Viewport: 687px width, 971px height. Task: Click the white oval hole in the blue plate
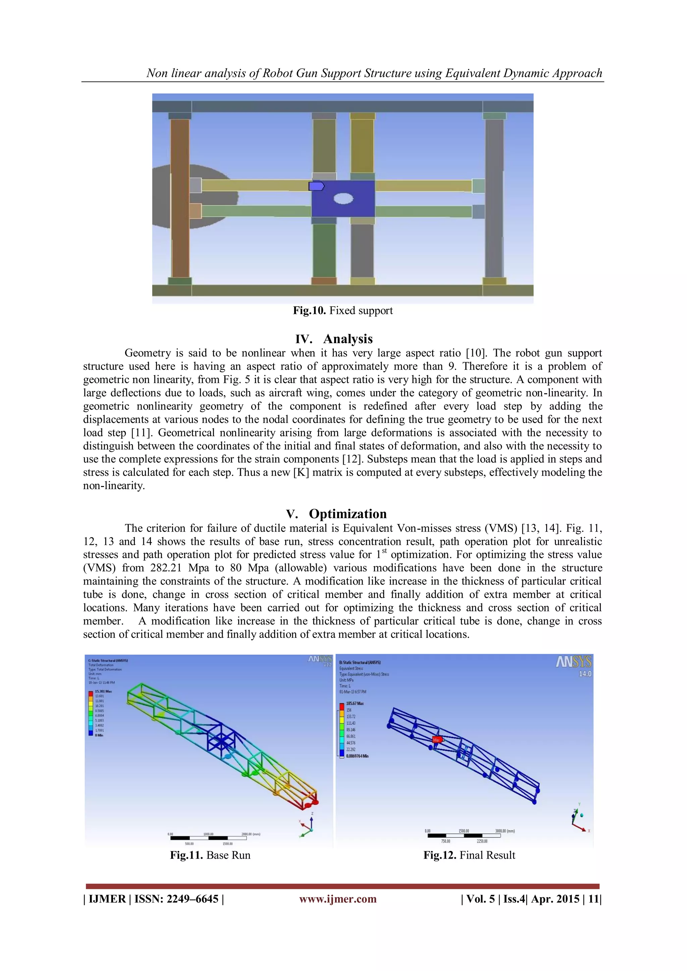343,198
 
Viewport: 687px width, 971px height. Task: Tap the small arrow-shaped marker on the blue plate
316,186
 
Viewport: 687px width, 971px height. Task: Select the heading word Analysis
348,339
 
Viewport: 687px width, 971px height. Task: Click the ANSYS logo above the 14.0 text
574,662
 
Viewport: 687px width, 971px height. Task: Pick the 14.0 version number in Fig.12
585,674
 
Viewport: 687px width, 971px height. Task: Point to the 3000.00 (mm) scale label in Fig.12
505,831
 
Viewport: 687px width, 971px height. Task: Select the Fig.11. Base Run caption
210,855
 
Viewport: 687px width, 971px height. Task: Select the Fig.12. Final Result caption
469,855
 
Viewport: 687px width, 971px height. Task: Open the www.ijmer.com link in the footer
337,899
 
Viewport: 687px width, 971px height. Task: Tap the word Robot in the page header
277,73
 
